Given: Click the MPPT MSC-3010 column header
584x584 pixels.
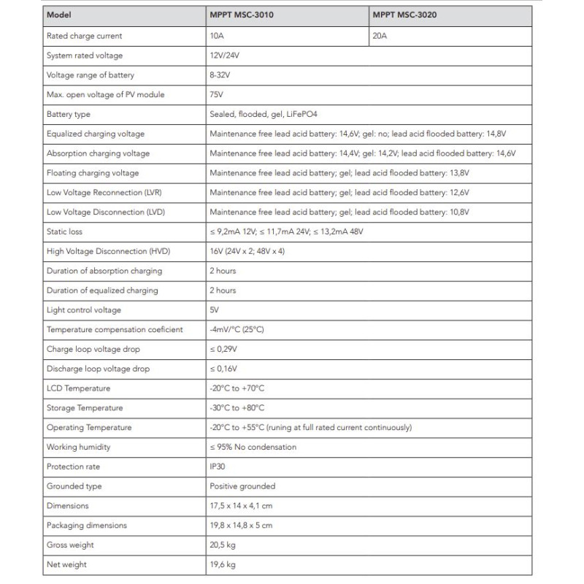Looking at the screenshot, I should point(242,16).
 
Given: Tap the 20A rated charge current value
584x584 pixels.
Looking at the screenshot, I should point(379,36).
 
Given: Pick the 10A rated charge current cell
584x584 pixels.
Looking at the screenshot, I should point(216,36).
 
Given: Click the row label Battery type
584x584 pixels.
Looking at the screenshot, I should point(69,115).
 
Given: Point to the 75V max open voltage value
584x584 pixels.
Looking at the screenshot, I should point(215,95).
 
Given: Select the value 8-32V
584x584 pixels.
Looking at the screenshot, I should point(220,75).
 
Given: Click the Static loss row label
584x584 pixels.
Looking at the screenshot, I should point(64,231).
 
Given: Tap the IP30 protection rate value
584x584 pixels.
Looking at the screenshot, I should point(218,466).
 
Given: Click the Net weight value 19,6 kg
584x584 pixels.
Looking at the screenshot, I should point(223,564).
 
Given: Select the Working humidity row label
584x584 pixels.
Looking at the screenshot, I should point(78,447).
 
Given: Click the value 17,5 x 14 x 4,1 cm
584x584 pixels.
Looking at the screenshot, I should point(241,506).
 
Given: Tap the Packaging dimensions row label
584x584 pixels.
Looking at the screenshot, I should point(86,526).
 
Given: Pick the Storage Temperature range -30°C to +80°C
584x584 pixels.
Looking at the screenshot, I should point(237,408).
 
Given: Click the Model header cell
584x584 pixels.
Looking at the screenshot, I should point(58,16).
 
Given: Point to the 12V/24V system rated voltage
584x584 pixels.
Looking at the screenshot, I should point(225,55).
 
